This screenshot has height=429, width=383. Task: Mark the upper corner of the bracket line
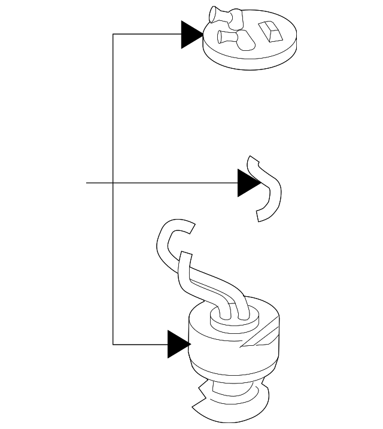[113, 35]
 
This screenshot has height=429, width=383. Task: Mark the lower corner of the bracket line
[113, 344]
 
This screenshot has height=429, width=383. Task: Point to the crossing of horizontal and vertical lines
[113, 182]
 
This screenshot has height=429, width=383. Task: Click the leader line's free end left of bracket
[87, 182]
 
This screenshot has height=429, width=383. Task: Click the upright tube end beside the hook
[186, 266]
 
